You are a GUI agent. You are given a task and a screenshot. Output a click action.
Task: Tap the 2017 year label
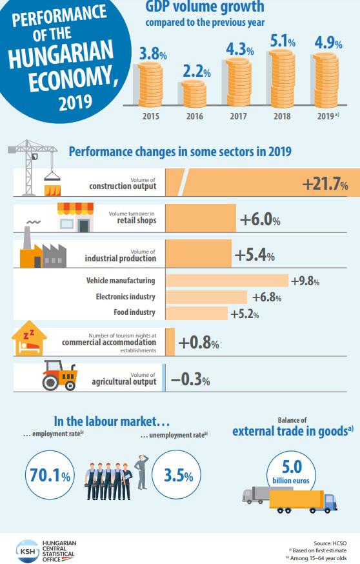click(238, 117)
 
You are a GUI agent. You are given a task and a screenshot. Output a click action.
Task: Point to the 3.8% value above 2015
click(152, 55)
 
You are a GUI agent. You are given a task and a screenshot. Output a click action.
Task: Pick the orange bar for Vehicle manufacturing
click(226, 281)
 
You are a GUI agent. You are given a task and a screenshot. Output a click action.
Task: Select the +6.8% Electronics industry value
click(267, 297)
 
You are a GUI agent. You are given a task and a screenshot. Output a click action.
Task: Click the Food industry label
click(134, 312)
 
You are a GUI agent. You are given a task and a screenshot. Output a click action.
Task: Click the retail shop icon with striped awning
click(75, 217)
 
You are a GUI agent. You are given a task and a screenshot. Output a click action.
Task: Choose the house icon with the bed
click(30, 340)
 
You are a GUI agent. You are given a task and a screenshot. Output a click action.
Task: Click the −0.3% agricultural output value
click(190, 381)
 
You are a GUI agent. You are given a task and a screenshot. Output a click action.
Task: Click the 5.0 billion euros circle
click(290, 471)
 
